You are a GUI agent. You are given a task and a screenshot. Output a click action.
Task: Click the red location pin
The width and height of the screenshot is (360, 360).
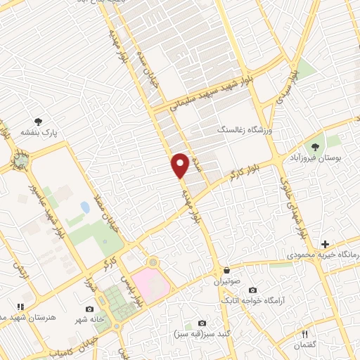[x=180, y=165]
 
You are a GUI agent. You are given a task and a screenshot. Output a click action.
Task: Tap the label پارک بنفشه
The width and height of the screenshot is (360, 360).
[x=39, y=131]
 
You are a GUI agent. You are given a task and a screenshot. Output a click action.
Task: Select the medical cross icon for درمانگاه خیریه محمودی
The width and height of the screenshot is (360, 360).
[x=325, y=243]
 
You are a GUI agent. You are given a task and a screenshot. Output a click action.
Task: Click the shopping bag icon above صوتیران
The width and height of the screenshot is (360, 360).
[x=226, y=270]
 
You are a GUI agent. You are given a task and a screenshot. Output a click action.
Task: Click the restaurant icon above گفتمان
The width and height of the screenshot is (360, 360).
[x=304, y=334]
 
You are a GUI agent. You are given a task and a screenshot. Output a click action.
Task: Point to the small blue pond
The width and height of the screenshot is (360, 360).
[x=85, y=207]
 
